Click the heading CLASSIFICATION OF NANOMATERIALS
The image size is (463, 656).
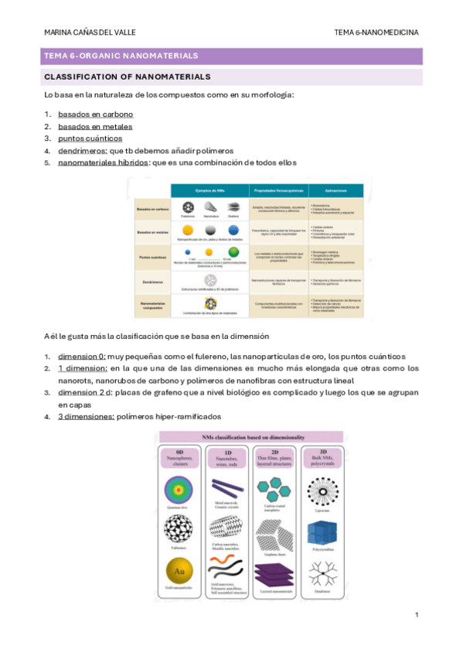coord(128,77)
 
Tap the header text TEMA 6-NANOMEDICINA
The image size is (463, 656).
coord(376,32)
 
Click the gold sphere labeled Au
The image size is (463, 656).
coord(179,572)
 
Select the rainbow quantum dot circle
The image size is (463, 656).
coord(179,494)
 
